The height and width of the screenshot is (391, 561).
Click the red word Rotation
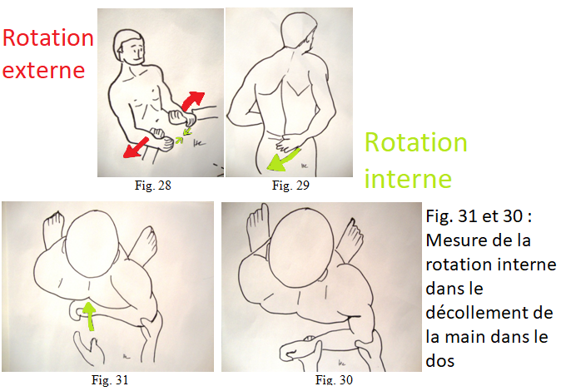[48, 38]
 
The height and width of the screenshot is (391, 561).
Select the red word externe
[43, 70]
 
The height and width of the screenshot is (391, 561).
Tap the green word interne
[408, 179]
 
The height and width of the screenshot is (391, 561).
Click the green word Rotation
[416, 142]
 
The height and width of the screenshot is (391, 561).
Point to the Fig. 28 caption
[153, 185]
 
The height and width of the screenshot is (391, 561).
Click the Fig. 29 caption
[290, 185]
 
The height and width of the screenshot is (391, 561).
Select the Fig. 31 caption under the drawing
[110, 379]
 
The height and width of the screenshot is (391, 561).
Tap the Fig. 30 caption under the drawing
[334, 379]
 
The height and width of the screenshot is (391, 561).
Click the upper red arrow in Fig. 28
[192, 100]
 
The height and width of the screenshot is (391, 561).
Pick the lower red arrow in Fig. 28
[135, 147]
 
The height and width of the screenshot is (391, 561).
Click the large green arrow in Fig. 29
[282, 161]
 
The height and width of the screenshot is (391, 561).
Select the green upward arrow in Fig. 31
[89, 315]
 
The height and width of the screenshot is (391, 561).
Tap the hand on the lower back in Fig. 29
[288, 142]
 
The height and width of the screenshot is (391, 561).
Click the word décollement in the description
[489, 313]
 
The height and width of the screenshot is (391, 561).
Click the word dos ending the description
[440, 360]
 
